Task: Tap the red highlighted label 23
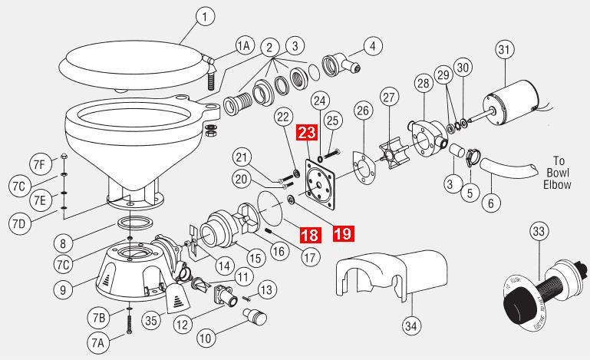pos(306,132)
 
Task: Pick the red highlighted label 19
pos(343,233)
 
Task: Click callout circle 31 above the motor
pos(503,51)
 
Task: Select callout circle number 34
pos(412,326)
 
